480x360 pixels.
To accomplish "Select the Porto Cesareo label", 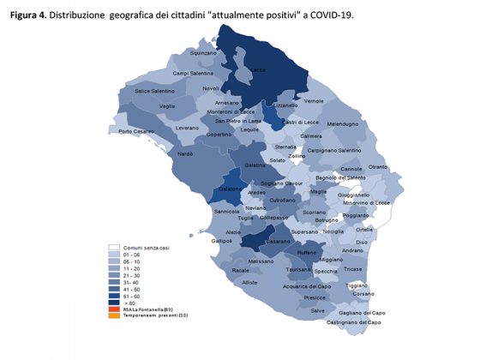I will pos(137,131).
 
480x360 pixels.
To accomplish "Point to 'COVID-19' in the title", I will pos(325,15).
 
